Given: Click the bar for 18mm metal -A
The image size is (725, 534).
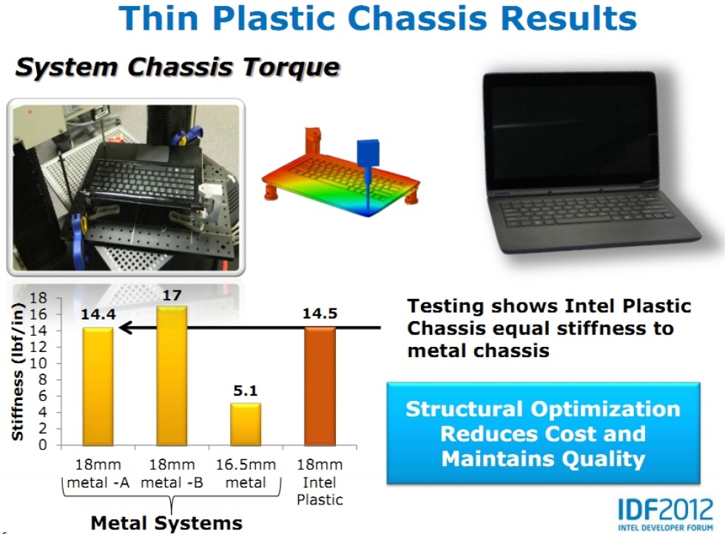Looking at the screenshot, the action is coord(98,387).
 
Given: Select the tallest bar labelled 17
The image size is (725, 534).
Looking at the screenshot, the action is coord(172,376).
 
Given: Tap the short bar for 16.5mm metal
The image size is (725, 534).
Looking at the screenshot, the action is coord(246,425).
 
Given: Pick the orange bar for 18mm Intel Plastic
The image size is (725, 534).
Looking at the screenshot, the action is coord(320,387).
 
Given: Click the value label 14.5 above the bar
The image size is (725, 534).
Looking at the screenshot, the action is coord(320,314).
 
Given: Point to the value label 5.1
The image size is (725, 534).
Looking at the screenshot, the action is coord(246,391).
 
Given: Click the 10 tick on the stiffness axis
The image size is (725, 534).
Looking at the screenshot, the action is coord(39,363).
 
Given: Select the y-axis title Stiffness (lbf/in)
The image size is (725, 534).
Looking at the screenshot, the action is coord(17,372).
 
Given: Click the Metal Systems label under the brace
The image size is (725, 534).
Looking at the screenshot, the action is coord(166,523).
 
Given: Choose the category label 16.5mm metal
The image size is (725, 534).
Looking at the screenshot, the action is coord(246,473).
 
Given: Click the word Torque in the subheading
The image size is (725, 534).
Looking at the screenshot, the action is coord(291,67).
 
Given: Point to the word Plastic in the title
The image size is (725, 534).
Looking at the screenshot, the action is coord(274,18).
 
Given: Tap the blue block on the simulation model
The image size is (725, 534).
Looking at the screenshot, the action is coord(368,152).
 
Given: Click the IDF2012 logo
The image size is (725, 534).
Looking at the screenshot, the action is coord(665,514).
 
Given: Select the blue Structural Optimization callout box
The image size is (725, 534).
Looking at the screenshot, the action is coord(543,433).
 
